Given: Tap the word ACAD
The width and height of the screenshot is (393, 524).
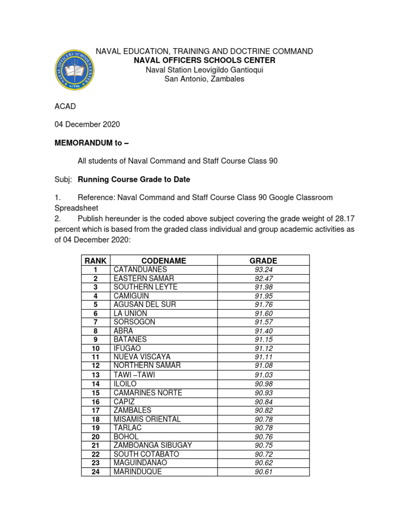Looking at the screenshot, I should (x=64, y=106).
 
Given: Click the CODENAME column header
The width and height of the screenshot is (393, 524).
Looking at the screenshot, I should (x=164, y=260).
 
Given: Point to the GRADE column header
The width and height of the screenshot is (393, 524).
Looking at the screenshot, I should (x=263, y=260).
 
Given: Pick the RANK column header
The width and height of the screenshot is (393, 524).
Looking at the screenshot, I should (x=95, y=260).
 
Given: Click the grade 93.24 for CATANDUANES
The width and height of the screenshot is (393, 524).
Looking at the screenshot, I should (x=263, y=269).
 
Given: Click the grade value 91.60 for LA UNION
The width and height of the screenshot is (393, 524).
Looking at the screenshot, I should (x=263, y=313).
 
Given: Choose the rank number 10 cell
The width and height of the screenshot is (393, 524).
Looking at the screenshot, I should (x=95, y=348).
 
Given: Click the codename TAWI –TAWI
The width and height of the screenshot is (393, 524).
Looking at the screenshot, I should (x=134, y=375).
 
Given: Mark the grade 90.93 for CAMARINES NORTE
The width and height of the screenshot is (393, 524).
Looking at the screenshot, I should (x=263, y=392).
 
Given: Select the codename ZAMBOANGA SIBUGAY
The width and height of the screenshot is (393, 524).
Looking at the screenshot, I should (x=153, y=445).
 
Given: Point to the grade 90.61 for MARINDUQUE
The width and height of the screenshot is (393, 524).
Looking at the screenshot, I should (x=263, y=472).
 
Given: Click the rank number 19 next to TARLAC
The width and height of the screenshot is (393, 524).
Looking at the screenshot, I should (x=95, y=428).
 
